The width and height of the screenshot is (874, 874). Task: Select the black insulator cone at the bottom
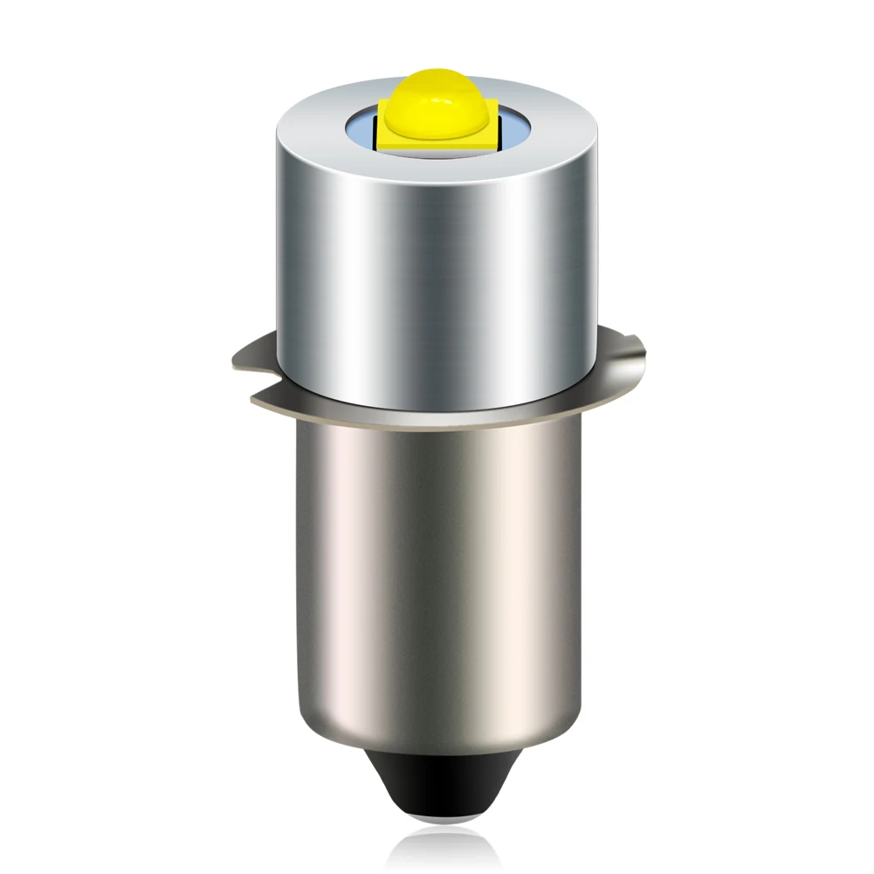[437, 790]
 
